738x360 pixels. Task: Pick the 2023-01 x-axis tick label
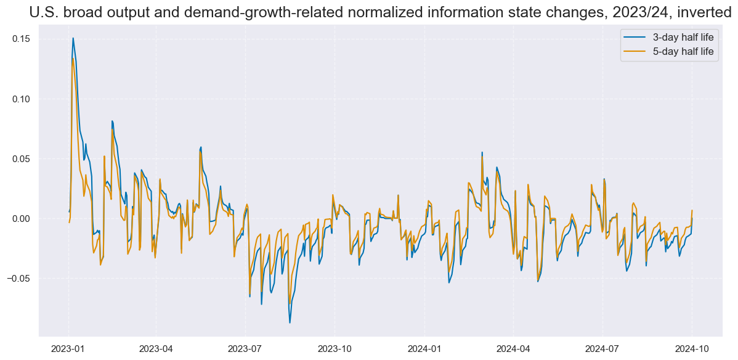pyautogui.click(x=68, y=348)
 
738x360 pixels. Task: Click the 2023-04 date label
pyautogui.click(x=156, y=348)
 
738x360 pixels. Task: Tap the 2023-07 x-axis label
pyautogui.click(x=245, y=348)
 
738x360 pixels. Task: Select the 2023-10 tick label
pyautogui.click(x=335, y=348)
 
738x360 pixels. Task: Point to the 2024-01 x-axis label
pyautogui.click(x=424, y=348)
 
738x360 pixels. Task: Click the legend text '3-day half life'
pyautogui.click(x=683, y=38)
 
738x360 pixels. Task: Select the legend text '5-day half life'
pyautogui.click(x=683, y=52)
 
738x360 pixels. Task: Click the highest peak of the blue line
pyautogui.click(x=73, y=38)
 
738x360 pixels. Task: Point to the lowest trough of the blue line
pyautogui.click(x=290, y=322)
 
